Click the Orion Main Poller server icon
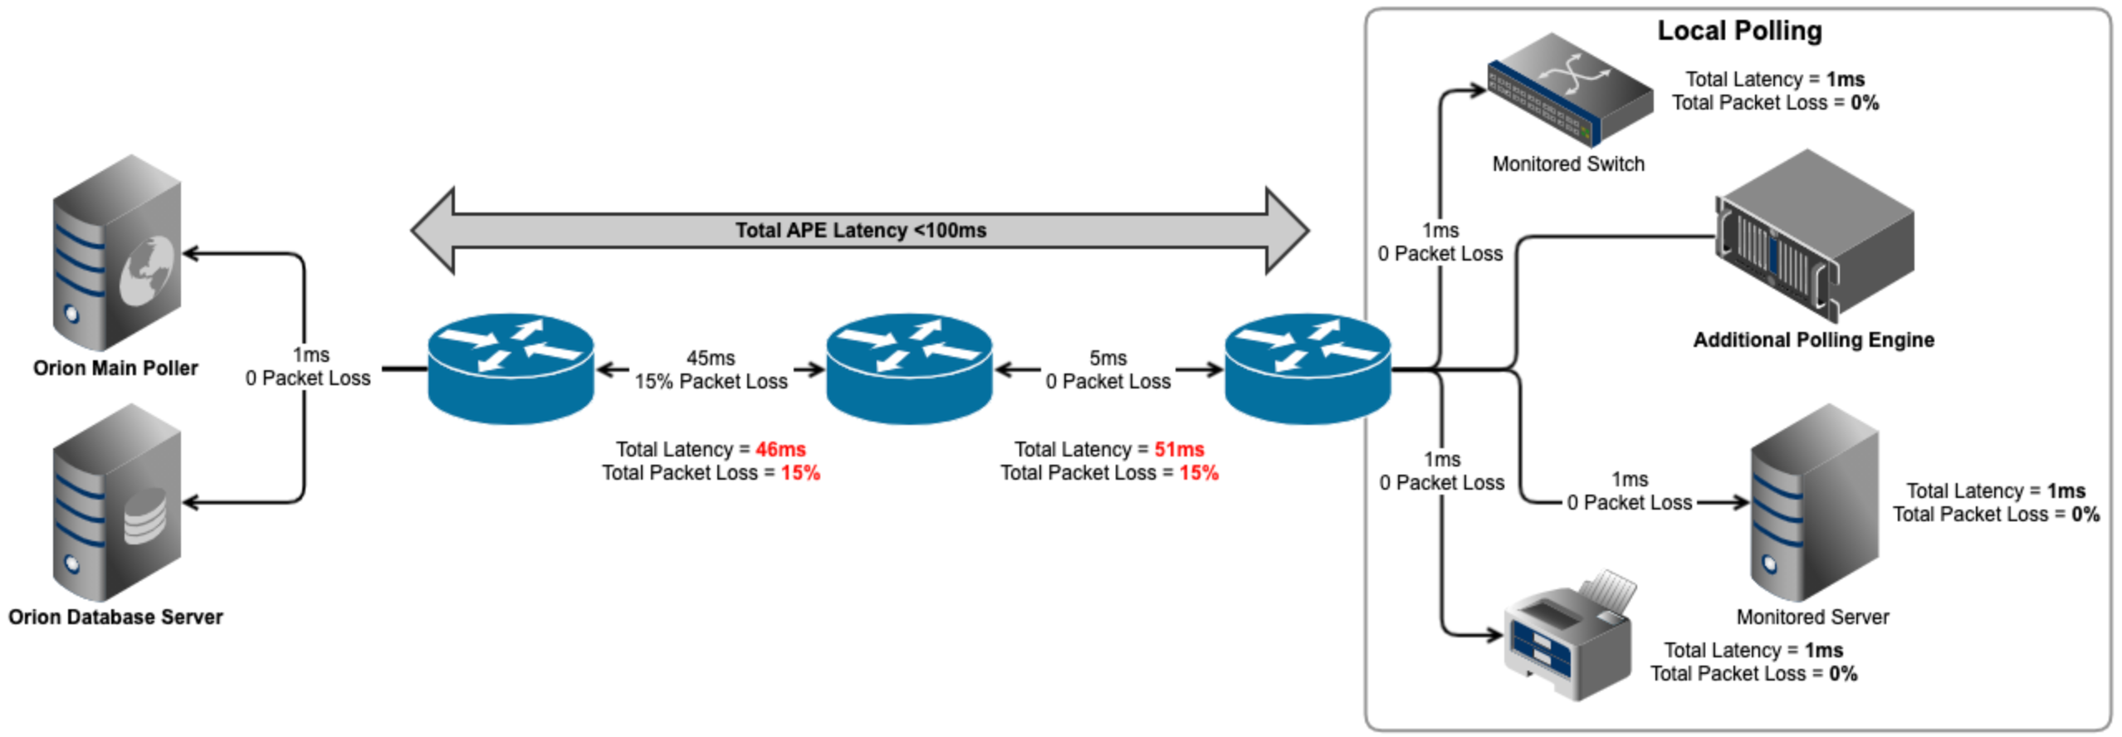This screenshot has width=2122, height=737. click(116, 253)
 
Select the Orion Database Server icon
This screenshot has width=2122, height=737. click(116, 503)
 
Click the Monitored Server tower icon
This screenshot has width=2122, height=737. click(1814, 503)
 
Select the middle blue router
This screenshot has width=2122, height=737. click(909, 368)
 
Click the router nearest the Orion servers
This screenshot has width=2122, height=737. click(511, 368)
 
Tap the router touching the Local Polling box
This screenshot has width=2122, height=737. click(1308, 368)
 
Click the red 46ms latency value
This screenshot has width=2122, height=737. click(780, 449)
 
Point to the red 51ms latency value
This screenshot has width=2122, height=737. click(1179, 449)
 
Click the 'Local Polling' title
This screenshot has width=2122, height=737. click(1739, 31)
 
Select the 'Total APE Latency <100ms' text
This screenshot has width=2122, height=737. click(860, 230)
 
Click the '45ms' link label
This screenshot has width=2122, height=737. click(711, 358)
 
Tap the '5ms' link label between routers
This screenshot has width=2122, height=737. click(1107, 358)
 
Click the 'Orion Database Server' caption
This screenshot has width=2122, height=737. click(115, 617)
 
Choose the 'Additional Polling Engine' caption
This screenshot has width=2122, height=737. click(1813, 339)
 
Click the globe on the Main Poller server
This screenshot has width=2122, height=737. click(149, 270)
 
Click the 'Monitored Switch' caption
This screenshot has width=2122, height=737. click(1567, 164)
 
